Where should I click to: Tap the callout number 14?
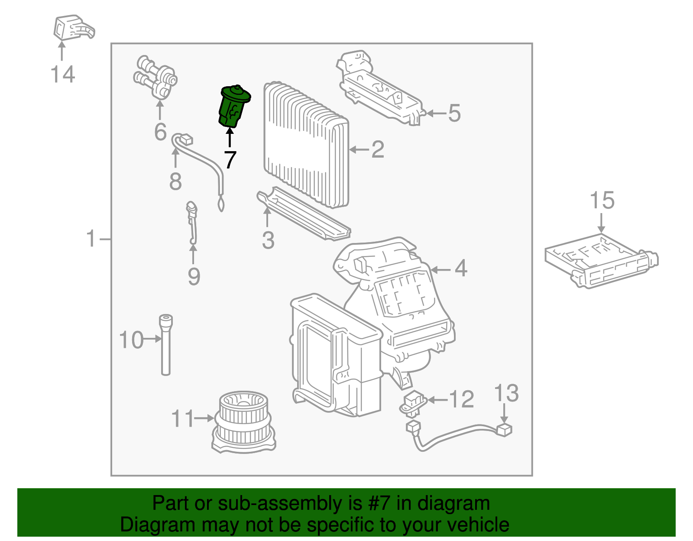[63, 74]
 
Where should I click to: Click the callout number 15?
[602, 201]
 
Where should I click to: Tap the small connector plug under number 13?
[504, 430]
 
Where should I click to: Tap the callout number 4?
[461, 269]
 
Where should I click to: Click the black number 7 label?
[230, 160]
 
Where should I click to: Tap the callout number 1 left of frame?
[91, 239]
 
